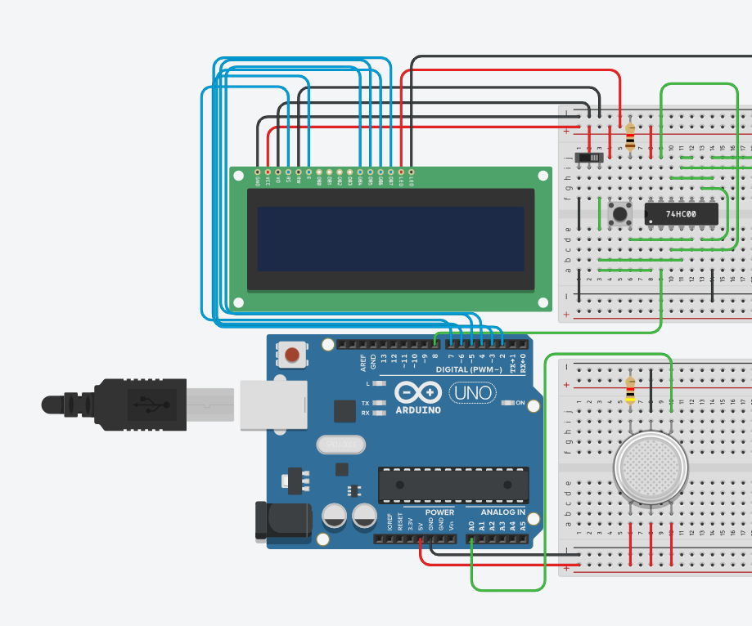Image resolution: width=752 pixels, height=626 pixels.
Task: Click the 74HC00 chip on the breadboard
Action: pyautogui.click(x=681, y=214)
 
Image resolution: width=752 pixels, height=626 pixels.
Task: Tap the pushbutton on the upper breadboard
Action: pyautogui.click(x=620, y=214)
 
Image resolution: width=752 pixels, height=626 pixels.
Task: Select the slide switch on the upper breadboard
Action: pyautogui.click(x=590, y=155)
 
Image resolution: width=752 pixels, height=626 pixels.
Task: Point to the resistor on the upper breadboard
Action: pyautogui.click(x=629, y=137)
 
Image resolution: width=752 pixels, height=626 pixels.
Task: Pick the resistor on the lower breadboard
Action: pyautogui.click(x=630, y=389)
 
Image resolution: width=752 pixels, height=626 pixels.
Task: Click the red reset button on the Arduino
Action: pyautogui.click(x=292, y=355)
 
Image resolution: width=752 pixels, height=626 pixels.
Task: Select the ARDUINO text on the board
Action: pyautogui.click(x=418, y=409)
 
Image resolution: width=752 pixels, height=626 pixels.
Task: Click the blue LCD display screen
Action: pyautogui.click(x=390, y=239)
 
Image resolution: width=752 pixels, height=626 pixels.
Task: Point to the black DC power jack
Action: pyautogui.click(x=282, y=520)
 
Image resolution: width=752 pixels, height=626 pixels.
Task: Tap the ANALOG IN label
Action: pyautogui.click(x=503, y=512)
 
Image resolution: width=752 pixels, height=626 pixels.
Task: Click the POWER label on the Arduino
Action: pyautogui.click(x=439, y=512)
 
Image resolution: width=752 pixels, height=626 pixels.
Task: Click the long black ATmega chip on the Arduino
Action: pyautogui.click(x=453, y=485)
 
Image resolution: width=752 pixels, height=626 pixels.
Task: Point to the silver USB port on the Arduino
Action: pyautogui.click(x=273, y=405)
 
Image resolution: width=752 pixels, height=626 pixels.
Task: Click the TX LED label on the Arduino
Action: pyautogui.click(x=365, y=402)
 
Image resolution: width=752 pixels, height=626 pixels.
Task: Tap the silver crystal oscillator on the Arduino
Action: pyautogui.click(x=339, y=444)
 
